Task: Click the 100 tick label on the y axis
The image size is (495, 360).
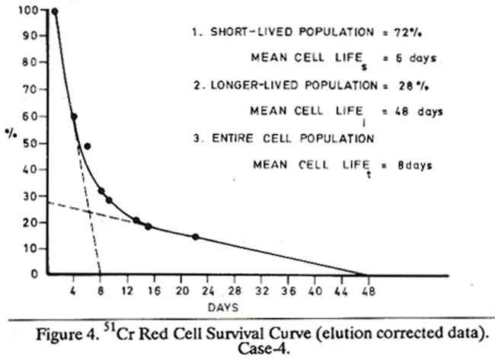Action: pyautogui.click(x=29, y=10)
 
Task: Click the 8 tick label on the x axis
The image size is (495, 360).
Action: pyautogui.click(x=101, y=290)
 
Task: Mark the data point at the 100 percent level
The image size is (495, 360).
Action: pyautogui.click(x=54, y=11)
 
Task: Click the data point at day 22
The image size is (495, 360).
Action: pyautogui.click(x=196, y=237)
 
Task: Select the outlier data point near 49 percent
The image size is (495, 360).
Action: pyautogui.click(x=88, y=146)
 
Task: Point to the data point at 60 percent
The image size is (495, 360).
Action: pyautogui.click(x=74, y=116)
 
